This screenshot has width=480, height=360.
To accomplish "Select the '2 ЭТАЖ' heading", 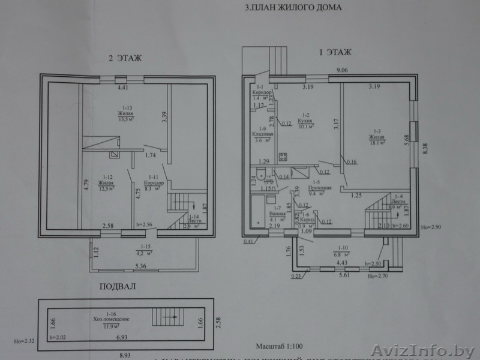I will pos(125,58).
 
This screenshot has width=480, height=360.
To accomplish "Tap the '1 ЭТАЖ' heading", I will pos(335,53).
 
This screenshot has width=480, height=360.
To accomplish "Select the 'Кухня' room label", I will pos(305,120).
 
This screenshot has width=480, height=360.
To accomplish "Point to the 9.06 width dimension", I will pos(343,70).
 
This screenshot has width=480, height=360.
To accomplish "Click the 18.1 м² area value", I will pos(377,143).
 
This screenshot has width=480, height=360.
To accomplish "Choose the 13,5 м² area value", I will pos(125,118).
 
